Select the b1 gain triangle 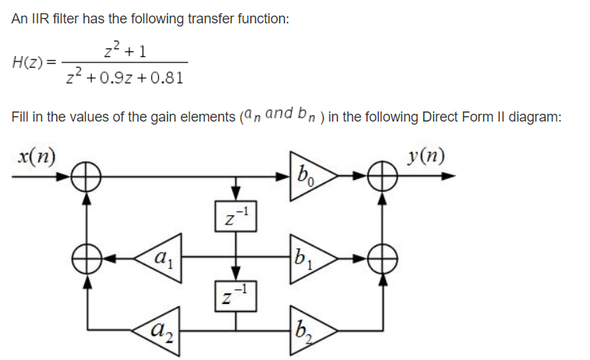[309, 255]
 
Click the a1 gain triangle [160, 255]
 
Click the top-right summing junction [381, 176]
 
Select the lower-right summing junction [381, 255]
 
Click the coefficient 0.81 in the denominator [168, 79]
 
